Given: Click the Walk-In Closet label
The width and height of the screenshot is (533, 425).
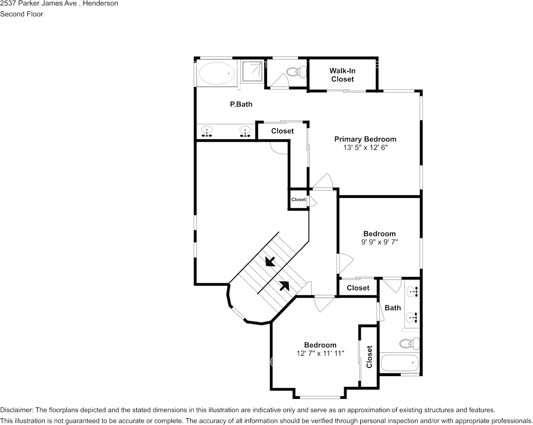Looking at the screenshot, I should tap(342, 75).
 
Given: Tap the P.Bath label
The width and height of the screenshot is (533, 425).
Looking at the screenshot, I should tap(241, 105).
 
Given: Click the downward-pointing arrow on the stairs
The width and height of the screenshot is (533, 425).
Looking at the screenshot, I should tap(270, 261).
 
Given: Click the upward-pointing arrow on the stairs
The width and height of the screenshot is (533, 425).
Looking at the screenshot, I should tap(284, 285).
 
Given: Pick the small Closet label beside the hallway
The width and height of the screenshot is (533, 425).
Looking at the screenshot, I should tap(298, 200).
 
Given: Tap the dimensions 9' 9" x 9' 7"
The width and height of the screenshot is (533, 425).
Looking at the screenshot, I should tap(380, 242).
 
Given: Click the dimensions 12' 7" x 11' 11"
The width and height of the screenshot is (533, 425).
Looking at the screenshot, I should tap(320, 353).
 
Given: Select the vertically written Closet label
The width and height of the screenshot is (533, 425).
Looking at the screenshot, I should tap(369, 356).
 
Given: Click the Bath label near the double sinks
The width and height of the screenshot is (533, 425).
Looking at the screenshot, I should tap(393, 308).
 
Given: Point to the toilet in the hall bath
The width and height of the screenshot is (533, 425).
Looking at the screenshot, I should tap(409, 344).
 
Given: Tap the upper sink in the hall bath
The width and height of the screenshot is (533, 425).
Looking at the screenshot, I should tap(413, 292).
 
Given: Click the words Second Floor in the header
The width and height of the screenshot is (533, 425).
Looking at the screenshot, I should tap(22, 14).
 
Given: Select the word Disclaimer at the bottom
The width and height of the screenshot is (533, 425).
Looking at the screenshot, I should tap(16, 410).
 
